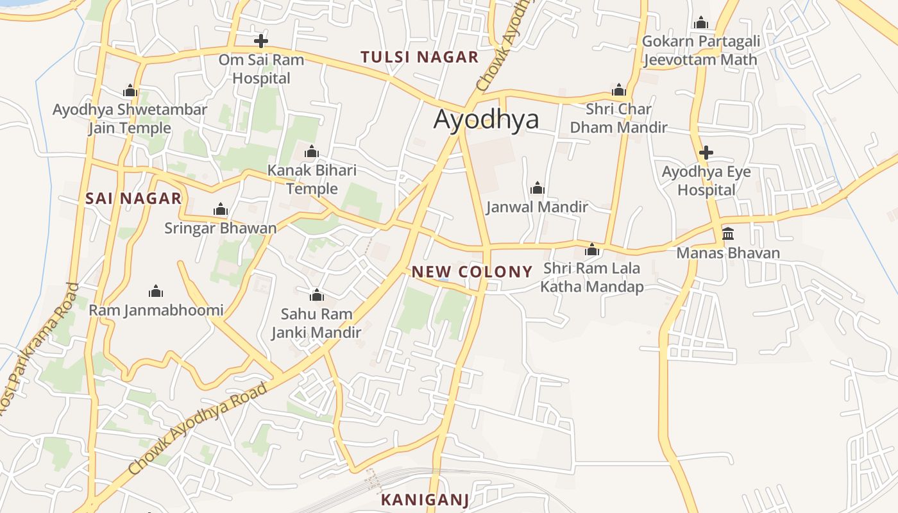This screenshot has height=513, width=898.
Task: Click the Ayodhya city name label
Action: tap(486, 120)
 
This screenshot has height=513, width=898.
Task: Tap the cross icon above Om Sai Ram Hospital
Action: tap(260, 42)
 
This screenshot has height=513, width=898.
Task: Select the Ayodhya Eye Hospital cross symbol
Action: tap(706, 153)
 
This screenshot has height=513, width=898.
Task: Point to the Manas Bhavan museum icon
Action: tap(728, 233)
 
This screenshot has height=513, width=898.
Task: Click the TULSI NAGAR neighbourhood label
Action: tap(419, 57)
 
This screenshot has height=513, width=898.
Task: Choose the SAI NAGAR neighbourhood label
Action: tap(133, 199)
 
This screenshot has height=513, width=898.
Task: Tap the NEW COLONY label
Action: tap(472, 272)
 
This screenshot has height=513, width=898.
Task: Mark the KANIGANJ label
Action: tap(425, 500)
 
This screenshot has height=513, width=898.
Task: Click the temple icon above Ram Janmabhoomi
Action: tap(156, 292)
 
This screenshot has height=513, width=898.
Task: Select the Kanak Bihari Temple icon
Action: tap(312, 152)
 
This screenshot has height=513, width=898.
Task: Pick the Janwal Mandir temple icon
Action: tap(538, 188)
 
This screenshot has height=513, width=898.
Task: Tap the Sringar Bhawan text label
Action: tap(221, 228)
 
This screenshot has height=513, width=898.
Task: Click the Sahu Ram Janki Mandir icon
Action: tap(316, 295)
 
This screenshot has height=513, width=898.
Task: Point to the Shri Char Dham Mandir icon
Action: tap(619, 90)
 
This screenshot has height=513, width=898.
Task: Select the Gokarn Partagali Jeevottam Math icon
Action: tap(701, 23)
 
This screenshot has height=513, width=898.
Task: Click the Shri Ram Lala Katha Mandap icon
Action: tap(592, 249)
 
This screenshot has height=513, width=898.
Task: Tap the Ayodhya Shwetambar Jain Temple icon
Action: tap(130, 90)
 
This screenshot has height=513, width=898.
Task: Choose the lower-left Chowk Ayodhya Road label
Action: tap(197, 428)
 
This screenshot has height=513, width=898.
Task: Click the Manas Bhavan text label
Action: tap(728, 253)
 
